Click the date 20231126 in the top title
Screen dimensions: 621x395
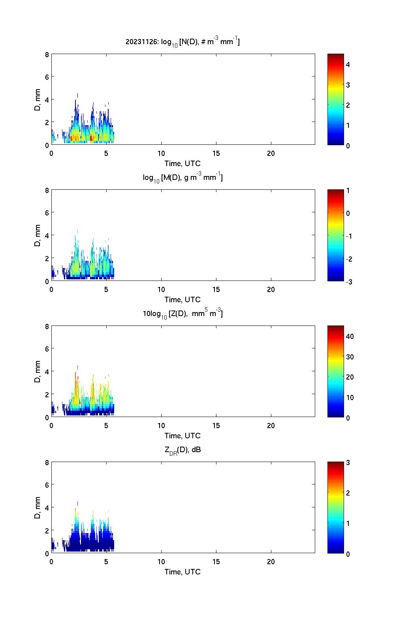140,41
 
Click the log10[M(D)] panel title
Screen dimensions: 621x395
182,178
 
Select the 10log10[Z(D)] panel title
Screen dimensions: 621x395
182,314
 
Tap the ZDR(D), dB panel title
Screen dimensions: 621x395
182,450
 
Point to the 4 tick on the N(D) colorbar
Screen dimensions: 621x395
348,64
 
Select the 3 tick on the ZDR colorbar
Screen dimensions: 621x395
348,463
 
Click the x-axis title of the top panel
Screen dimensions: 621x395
182,163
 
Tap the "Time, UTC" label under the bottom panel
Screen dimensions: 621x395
182,572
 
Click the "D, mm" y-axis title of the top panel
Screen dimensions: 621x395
38,99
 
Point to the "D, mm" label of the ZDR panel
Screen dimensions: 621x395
38,508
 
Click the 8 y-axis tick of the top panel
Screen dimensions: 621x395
47,54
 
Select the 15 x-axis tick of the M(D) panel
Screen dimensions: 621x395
216,290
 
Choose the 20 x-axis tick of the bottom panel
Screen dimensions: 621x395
271,562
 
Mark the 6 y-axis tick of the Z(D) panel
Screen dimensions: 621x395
47,349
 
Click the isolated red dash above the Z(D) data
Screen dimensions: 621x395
78,367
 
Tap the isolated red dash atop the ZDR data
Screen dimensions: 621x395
78,503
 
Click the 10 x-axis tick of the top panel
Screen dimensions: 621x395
161,153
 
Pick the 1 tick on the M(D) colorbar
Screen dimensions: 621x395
348,191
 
